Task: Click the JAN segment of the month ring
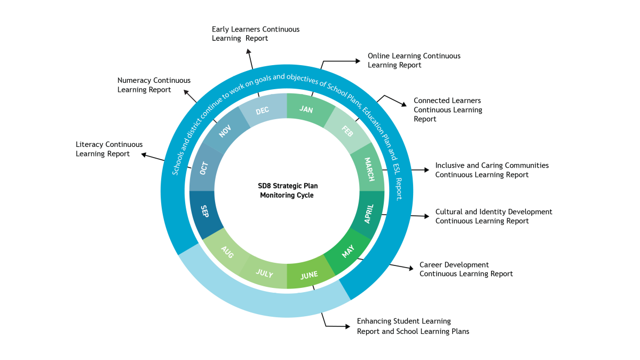pyautogui.click(x=306, y=109)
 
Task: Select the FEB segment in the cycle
pyautogui.click(x=347, y=131)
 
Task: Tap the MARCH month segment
pyautogui.click(x=369, y=169)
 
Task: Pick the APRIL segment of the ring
pyautogui.click(x=369, y=214)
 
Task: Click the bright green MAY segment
pyautogui.click(x=348, y=251)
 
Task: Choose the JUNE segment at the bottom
pyautogui.click(x=309, y=275)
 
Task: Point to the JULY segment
pyautogui.click(x=264, y=274)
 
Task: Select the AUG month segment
pyautogui.click(x=227, y=253)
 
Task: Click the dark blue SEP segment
pyautogui.click(x=204, y=212)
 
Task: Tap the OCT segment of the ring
pyautogui.click(x=204, y=168)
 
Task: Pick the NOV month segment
pyautogui.click(x=225, y=131)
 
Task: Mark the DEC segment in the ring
pyautogui.click(x=263, y=111)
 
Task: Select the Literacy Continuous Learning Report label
pyautogui.click(x=109, y=149)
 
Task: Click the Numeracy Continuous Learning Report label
pyautogui.click(x=154, y=85)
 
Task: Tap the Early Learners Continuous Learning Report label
pyautogui.click(x=255, y=34)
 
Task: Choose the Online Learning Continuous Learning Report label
pyautogui.click(x=414, y=60)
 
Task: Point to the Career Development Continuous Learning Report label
pyautogui.click(x=465, y=269)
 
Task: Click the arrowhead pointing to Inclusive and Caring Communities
pyautogui.click(x=426, y=170)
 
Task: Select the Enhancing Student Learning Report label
pyautogui.click(x=413, y=326)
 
